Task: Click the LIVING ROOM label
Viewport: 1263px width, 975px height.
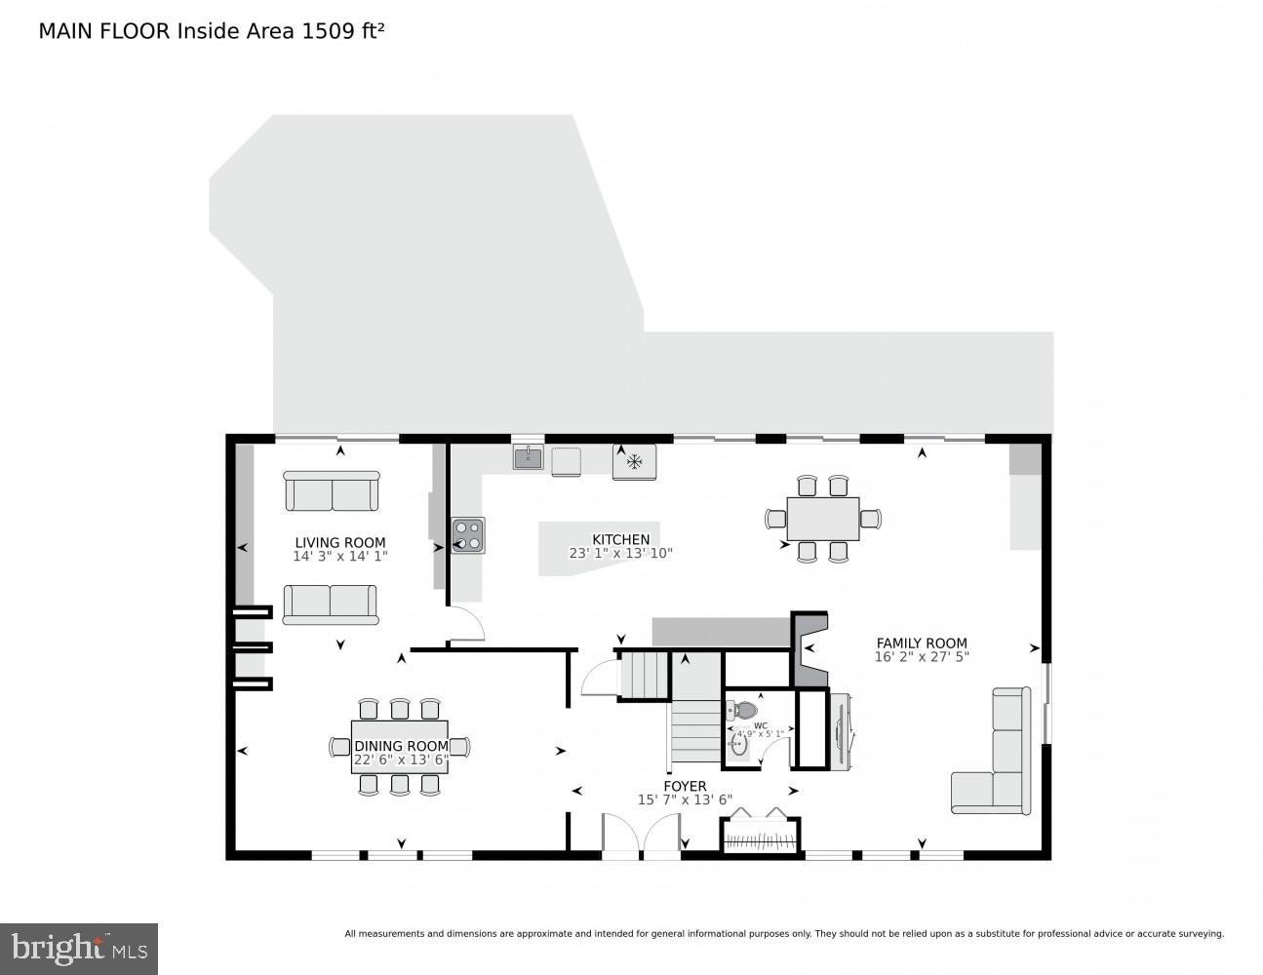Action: coord(340,543)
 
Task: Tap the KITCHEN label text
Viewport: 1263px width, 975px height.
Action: coord(620,539)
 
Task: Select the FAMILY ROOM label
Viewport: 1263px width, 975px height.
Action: coord(922,643)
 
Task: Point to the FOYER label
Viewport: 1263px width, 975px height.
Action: coord(685,786)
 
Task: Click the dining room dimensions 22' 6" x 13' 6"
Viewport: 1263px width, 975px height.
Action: coord(400,760)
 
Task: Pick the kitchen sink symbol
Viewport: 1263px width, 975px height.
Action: coord(529,456)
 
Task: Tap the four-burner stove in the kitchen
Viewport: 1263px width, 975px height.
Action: coord(468,535)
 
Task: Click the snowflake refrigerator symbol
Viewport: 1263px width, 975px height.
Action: coord(634,461)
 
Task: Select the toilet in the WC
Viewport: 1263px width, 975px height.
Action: coord(746,710)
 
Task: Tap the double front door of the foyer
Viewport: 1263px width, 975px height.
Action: coord(641,836)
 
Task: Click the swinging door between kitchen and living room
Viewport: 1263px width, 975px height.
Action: coord(465,624)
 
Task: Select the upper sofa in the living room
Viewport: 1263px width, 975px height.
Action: coord(332,490)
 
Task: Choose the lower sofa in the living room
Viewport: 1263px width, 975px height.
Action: coord(330,604)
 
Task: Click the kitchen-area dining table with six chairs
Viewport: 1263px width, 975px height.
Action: coord(823,519)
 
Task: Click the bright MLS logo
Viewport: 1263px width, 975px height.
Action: coord(79,948)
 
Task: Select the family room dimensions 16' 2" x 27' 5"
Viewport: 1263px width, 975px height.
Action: coord(922,657)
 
